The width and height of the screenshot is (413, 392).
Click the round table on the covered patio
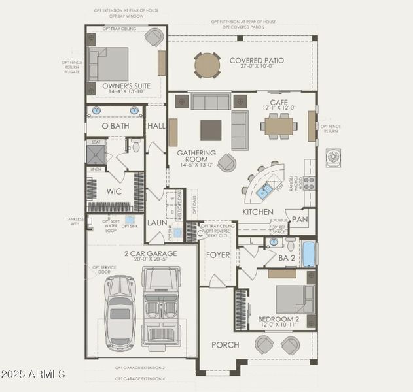pyautogui.click(x=207, y=65)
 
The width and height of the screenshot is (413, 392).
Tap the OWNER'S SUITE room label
pyautogui.click(x=126, y=86)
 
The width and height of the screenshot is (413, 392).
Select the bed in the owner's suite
pyautogui.click(x=109, y=63)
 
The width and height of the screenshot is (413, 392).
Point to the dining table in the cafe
pyautogui.click(x=279, y=125)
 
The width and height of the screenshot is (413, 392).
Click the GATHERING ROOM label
pyautogui.click(x=196, y=155)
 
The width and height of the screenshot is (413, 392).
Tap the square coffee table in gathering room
pyautogui.click(x=211, y=130)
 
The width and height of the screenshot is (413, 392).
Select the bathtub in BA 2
pyautogui.click(x=308, y=253)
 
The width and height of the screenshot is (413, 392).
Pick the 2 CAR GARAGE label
pyautogui.click(x=151, y=253)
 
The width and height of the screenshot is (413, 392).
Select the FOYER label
pyautogui.click(x=218, y=255)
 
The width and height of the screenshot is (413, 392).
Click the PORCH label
pyautogui.click(x=224, y=344)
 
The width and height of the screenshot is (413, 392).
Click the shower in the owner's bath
pyautogui.click(x=96, y=154)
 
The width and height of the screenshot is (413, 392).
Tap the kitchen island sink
pyautogui.click(x=265, y=191)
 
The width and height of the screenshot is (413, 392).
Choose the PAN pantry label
pyautogui.click(x=300, y=220)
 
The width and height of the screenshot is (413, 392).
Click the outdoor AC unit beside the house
pyautogui.click(x=334, y=158)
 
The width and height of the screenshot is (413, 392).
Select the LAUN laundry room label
pyautogui.click(x=156, y=222)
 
